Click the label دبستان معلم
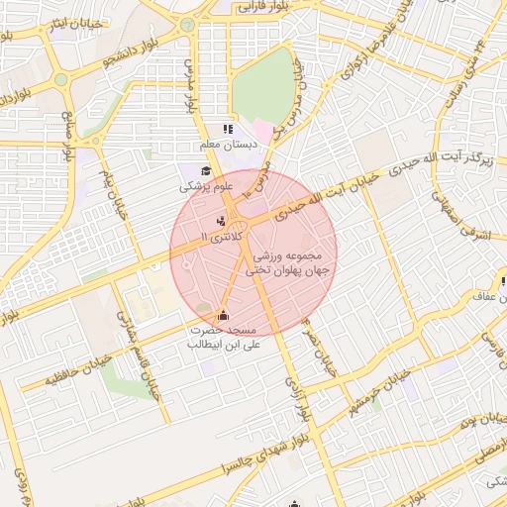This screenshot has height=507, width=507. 229,145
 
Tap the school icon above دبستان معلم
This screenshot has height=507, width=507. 229,129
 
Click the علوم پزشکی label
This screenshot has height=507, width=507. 206,186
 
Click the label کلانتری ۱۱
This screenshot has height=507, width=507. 220,238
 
